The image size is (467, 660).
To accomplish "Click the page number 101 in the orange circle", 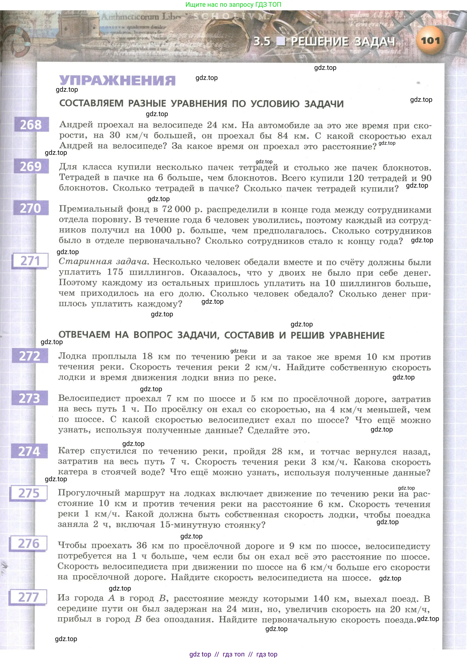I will coord(430,41).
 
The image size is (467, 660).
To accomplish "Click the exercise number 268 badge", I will coord(31,125).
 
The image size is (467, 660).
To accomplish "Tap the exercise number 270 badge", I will coord(31,208).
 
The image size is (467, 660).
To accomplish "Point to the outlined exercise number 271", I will coord(30,261).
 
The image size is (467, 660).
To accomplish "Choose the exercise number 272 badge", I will coord(30,356).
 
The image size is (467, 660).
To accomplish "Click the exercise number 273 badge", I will coord(29,398).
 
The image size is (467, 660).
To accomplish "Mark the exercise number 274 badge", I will coord(29,451).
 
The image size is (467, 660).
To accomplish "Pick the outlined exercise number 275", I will coord(29,493).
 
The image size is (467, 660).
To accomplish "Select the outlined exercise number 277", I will coord(28,597).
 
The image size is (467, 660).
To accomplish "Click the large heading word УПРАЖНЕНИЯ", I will coord(117,81).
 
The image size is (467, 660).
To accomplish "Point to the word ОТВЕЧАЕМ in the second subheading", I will coord(84,335).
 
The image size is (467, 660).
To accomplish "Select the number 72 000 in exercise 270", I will coord(176,209).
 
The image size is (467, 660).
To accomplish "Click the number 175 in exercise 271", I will coord(115,272).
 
